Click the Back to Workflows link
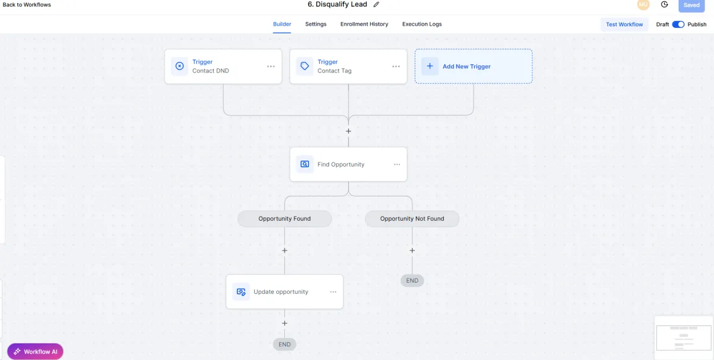click(x=27, y=5)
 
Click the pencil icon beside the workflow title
click(x=377, y=5)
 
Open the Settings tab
click(x=315, y=24)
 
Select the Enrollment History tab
click(x=364, y=24)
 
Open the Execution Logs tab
click(x=422, y=24)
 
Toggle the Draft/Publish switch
click(x=678, y=24)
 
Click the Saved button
click(x=691, y=5)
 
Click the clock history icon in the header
click(x=665, y=5)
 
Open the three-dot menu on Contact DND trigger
click(x=271, y=66)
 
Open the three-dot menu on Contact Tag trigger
click(x=396, y=66)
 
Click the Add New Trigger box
click(x=474, y=66)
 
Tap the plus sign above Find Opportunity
click(x=349, y=132)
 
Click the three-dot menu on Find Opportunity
click(x=397, y=165)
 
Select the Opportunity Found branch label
click(x=284, y=219)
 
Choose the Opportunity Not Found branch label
click(x=412, y=219)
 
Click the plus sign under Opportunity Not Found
click(x=412, y=251)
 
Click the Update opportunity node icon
click(x=241, y=292)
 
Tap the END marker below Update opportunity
click(x=284, y=345)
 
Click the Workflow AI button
click(x=35, y=352)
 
